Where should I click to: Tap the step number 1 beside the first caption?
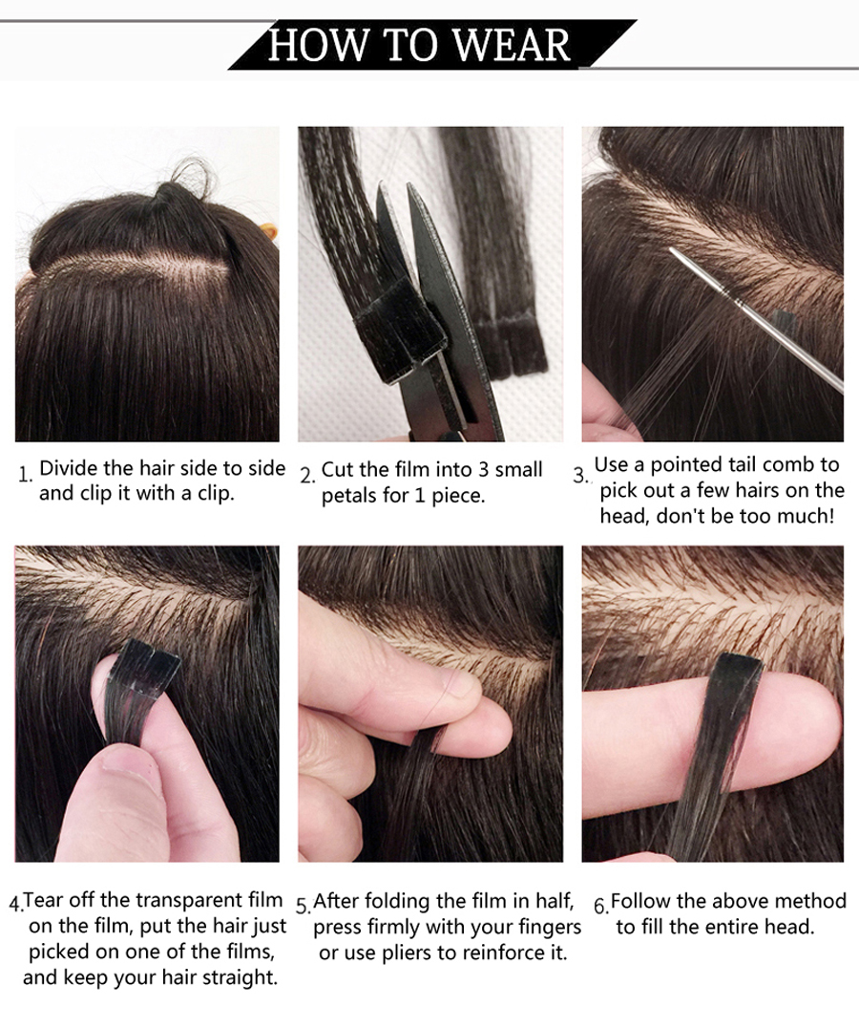coord(25,475)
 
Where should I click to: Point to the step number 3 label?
coord(580,475)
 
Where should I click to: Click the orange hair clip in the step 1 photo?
coord(268,232)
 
